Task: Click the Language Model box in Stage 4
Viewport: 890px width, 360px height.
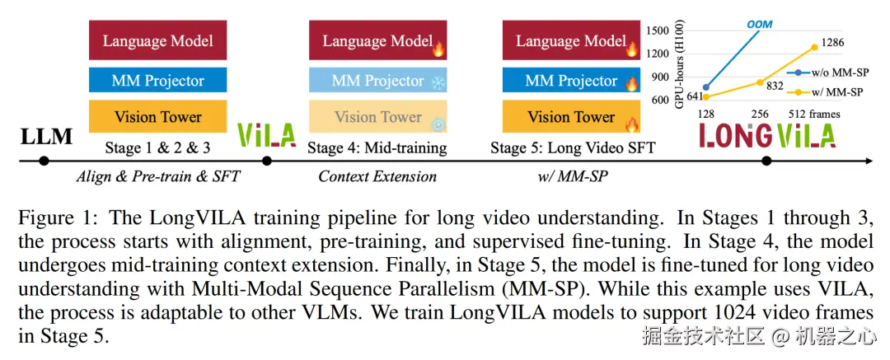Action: point(377,40)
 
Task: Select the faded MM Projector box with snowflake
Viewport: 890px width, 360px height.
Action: point(377,80)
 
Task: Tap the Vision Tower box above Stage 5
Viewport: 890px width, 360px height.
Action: point(572,117)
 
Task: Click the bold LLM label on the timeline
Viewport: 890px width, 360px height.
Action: point(47,137)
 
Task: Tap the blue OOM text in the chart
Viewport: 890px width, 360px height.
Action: point(759,24)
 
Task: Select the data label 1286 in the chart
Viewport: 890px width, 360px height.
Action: point(834,41)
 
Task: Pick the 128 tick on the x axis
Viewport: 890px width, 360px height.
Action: point(705,115)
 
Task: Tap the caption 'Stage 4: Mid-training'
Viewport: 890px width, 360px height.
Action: point(377,148)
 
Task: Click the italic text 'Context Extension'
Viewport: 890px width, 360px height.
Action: point(377,176)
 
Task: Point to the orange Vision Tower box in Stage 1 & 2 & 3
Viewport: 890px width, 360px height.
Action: point(157,117)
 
